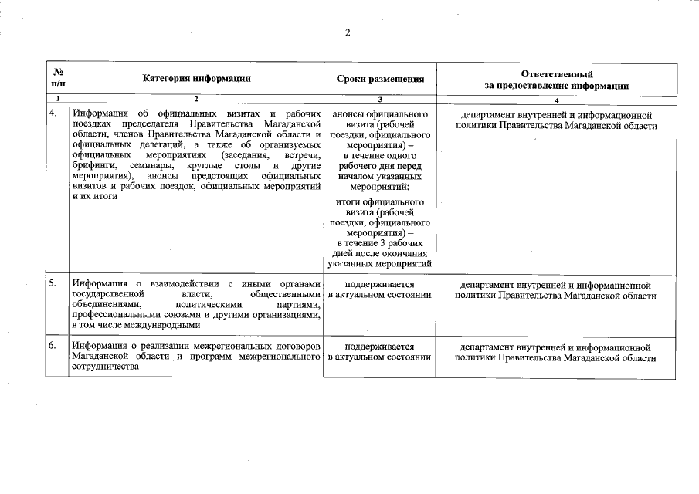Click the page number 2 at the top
point(348,32)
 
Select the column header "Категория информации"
point(196,78)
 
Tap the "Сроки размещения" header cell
point(380,79)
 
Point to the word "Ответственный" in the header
point(556,73)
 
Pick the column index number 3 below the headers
point(380,100)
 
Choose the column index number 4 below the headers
point(556,100)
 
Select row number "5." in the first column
point(53,284)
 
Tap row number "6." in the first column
point(53,347)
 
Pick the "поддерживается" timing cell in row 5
point(380,289)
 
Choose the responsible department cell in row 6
point(556,353)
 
